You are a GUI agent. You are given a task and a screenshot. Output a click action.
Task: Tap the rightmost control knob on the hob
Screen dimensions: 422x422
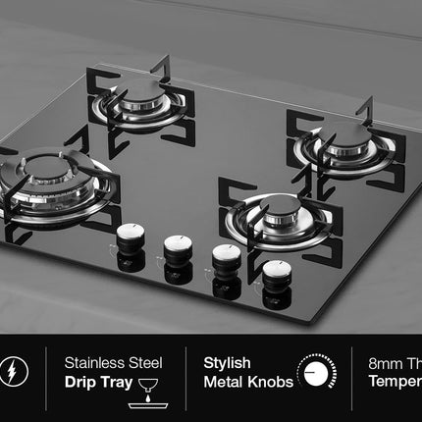(x=277, y=270)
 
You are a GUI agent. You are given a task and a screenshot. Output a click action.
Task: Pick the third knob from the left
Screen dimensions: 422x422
(x=228, y=257)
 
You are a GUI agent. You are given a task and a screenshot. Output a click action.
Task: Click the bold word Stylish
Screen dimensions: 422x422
(x=227, y=363)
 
